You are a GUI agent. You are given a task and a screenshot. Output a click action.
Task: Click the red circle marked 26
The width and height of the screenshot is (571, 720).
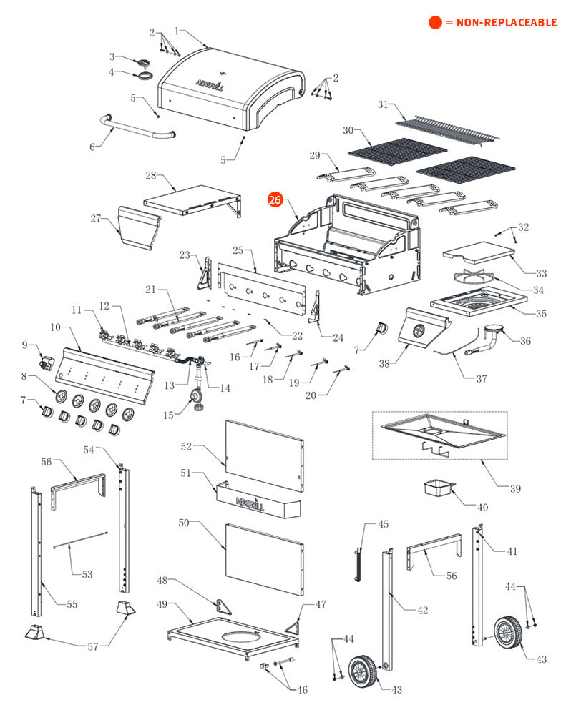coord(275,200)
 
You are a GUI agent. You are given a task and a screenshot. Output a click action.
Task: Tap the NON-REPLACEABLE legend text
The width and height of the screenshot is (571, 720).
coord(501,22)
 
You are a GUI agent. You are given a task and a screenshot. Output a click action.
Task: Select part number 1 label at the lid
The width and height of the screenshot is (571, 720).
coord(177,31)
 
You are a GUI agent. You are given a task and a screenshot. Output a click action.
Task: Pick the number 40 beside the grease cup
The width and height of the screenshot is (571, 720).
coord(483,508)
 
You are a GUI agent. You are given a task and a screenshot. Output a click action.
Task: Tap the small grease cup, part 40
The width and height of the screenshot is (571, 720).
coord(439,488)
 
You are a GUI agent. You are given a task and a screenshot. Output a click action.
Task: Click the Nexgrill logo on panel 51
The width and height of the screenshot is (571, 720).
coord(250,503)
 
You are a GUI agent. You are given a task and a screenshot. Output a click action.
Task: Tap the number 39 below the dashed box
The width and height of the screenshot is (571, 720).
coord(515,489)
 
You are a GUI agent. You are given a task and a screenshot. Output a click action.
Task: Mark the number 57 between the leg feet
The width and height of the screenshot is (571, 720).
coord(93,647)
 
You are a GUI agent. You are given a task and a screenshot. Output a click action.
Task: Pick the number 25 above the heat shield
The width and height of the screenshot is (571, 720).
coord(238,250)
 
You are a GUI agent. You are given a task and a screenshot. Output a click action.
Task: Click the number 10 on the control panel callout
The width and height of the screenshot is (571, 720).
coord(56,327)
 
